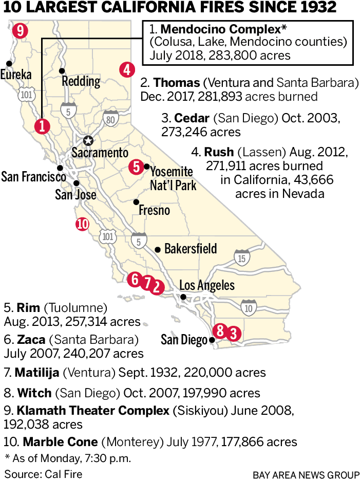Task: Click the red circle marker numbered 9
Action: [x=20, y=30]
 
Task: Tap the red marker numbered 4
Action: [x=127, y=69]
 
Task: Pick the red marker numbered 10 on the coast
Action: [x=82, y=224]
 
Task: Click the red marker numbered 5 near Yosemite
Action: [x=136, y=166]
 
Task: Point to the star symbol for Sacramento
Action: [x=88, y=140]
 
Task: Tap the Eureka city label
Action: [x=16, y=75]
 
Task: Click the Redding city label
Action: [x=81, y=81]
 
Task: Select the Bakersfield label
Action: [x=191, y=249]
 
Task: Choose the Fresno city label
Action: [x=154, y=211]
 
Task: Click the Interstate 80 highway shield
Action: [x=110, y=118]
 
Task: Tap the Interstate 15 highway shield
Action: [x=242, y=257]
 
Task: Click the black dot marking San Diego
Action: [x=212, y=340]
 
